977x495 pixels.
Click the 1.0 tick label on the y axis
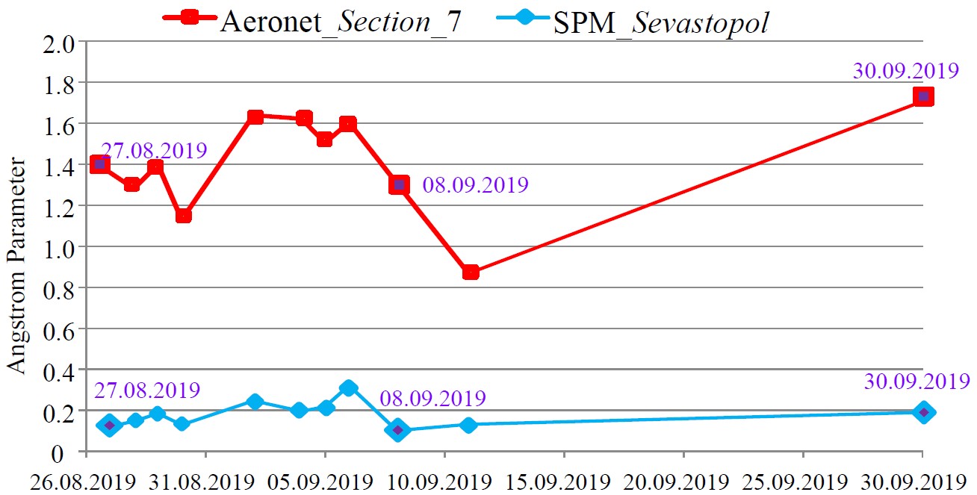[61, 247]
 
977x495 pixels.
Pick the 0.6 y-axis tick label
[61, 329]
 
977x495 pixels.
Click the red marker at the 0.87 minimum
[470, 273]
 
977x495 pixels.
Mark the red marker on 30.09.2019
[923, 96]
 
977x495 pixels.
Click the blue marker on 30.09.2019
[924, 412]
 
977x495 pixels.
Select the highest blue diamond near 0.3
[348, 387]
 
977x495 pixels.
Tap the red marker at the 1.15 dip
[183, 216]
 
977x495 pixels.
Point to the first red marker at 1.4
[100, 164]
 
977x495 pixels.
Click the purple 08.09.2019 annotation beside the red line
[475, 185]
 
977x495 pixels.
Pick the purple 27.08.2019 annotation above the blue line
[146, 390]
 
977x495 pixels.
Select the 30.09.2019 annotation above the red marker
[905, 72]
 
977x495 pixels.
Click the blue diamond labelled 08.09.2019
[398, 430]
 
